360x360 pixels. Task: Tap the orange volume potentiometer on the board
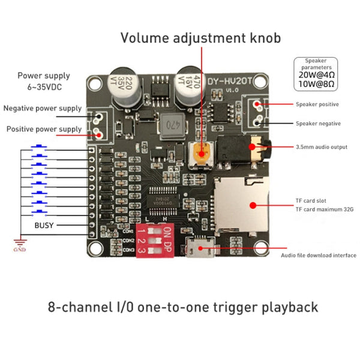point(202,154)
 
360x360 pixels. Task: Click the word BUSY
point(43,225)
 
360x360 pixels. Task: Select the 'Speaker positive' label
point(317,104)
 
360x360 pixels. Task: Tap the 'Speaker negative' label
point(318,124)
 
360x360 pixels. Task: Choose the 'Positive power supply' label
point(43,129)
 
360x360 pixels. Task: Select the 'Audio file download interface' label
point(319,256)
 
